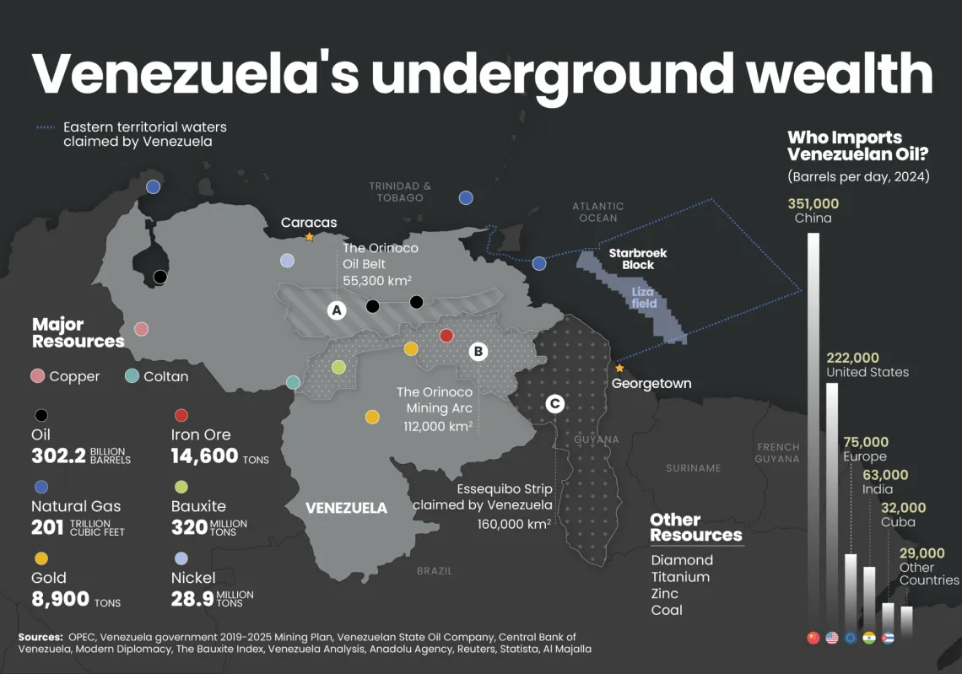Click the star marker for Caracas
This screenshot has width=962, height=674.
(x=310, y=237)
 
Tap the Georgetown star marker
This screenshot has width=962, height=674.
(x=619, y=368)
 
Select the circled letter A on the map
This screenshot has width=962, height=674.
(x=337, y=310)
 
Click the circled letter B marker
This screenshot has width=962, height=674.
(x=478, y=351)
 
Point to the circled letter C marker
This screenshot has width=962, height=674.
(x=554, y=404)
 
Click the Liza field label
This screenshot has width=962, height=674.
(x=644, y=298)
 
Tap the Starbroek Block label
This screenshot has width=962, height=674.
(x=638, y=258)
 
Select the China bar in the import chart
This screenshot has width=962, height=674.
(x=813, y=422)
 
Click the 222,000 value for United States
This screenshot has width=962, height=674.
(x=852, y=358)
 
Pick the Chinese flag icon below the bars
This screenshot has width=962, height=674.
(x=813, y=638)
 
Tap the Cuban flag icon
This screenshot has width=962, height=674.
(x=888, y=638)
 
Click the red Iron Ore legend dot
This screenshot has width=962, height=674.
(x=181, y=415)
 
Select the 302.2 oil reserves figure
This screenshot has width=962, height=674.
(x=58, y=456)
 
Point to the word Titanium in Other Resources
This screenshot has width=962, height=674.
(x=680, y=577)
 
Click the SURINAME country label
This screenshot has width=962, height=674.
(x=693, y=468)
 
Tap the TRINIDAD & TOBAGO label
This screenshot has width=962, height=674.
(x=400, y=191)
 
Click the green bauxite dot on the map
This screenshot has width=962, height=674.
(x=338, y=367)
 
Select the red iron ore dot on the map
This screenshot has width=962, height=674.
(x=446, y=336)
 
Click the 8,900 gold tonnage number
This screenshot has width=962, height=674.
(x=60, y=600)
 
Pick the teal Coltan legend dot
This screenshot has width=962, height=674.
(x=132, y=376)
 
